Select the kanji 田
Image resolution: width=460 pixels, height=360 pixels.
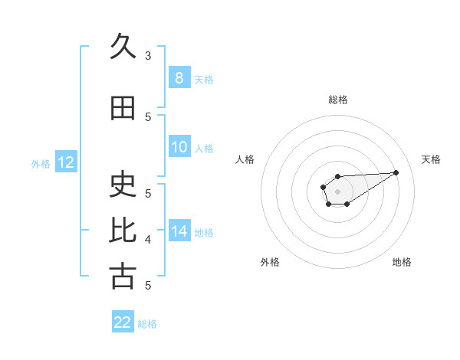click(123, 109)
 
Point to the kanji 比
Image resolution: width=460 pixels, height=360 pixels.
click(123, 231)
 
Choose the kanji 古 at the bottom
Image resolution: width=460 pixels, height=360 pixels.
click(123, 276)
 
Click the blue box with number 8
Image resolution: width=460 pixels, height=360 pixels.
click(179, 78)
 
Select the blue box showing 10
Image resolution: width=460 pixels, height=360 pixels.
click(179, 147)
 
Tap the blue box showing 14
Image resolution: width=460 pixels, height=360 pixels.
click(179, 231)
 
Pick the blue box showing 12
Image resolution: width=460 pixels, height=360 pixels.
click(66, 162)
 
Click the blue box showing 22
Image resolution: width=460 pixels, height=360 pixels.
click(123, 322)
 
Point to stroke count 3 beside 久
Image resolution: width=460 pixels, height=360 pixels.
click(148, 56)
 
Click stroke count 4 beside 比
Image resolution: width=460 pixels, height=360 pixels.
click(148, 240)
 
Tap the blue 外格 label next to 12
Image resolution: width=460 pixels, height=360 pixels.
click(41, 163)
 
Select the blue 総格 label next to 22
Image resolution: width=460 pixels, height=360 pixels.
click(147, 323)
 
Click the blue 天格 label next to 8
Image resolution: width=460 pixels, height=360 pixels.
click(204, 79)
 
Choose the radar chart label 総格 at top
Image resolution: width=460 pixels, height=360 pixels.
click(338, 100)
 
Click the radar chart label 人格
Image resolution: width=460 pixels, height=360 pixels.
click(245, 159)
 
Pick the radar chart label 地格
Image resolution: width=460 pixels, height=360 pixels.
click(402, 262)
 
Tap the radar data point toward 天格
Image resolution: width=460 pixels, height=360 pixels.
click(396, 172)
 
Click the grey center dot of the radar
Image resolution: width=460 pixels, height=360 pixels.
click(338, 190)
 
